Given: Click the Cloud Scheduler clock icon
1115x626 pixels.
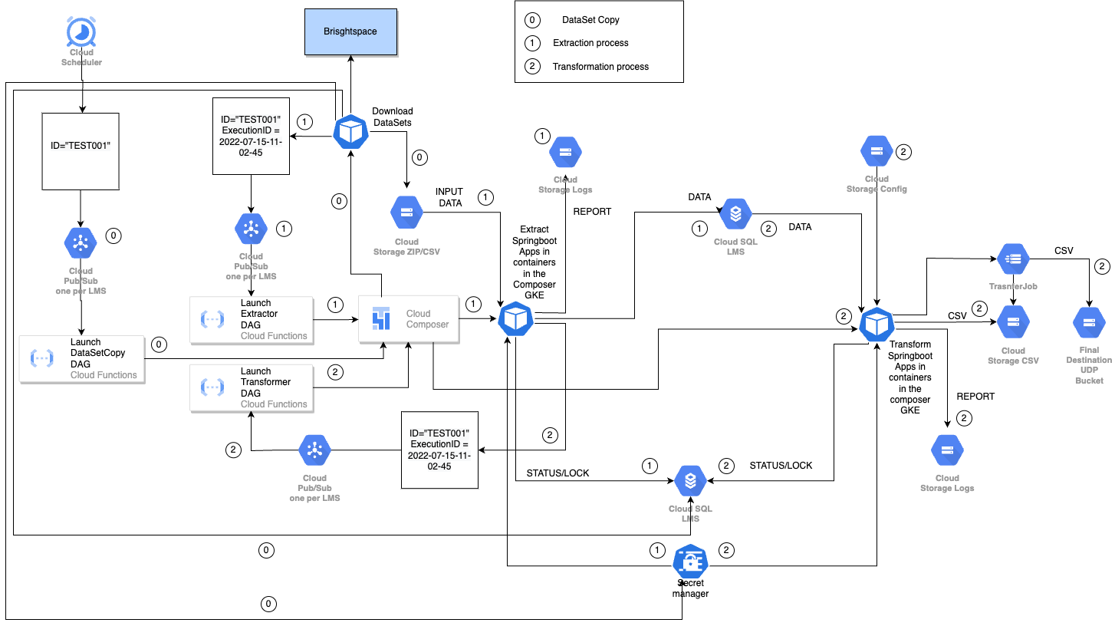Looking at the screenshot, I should coord(81,33).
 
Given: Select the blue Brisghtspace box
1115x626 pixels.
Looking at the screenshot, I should coord(350,31).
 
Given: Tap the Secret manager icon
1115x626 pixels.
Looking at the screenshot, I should coord(690,562).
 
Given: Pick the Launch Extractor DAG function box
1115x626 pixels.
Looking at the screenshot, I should coord(252,319).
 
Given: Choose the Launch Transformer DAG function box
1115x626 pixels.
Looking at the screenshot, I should coord(252,387).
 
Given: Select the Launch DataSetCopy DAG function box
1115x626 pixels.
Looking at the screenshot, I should coord(82,358).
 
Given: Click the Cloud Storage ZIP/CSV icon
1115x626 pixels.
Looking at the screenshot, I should coord(406,213).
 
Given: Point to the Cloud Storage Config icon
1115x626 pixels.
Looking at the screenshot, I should coord(877,152).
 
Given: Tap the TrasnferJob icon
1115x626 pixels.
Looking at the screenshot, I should coord(1015,260).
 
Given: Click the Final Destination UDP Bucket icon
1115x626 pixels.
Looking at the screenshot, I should coord(1089,324).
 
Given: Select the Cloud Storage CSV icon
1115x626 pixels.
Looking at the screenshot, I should coord(1014,323).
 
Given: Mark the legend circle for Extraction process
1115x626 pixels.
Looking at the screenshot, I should coord(531,43).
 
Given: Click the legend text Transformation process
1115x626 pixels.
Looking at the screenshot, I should coord(600,67).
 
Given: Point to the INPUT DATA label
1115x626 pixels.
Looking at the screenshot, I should coord(449,197).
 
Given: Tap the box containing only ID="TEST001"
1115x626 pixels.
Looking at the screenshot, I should coord(81,151).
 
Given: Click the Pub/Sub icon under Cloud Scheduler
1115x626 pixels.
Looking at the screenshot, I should coord(81,242).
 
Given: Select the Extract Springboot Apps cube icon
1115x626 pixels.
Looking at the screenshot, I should coord(515,318).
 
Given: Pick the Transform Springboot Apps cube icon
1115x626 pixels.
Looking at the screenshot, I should coord(876,325).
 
